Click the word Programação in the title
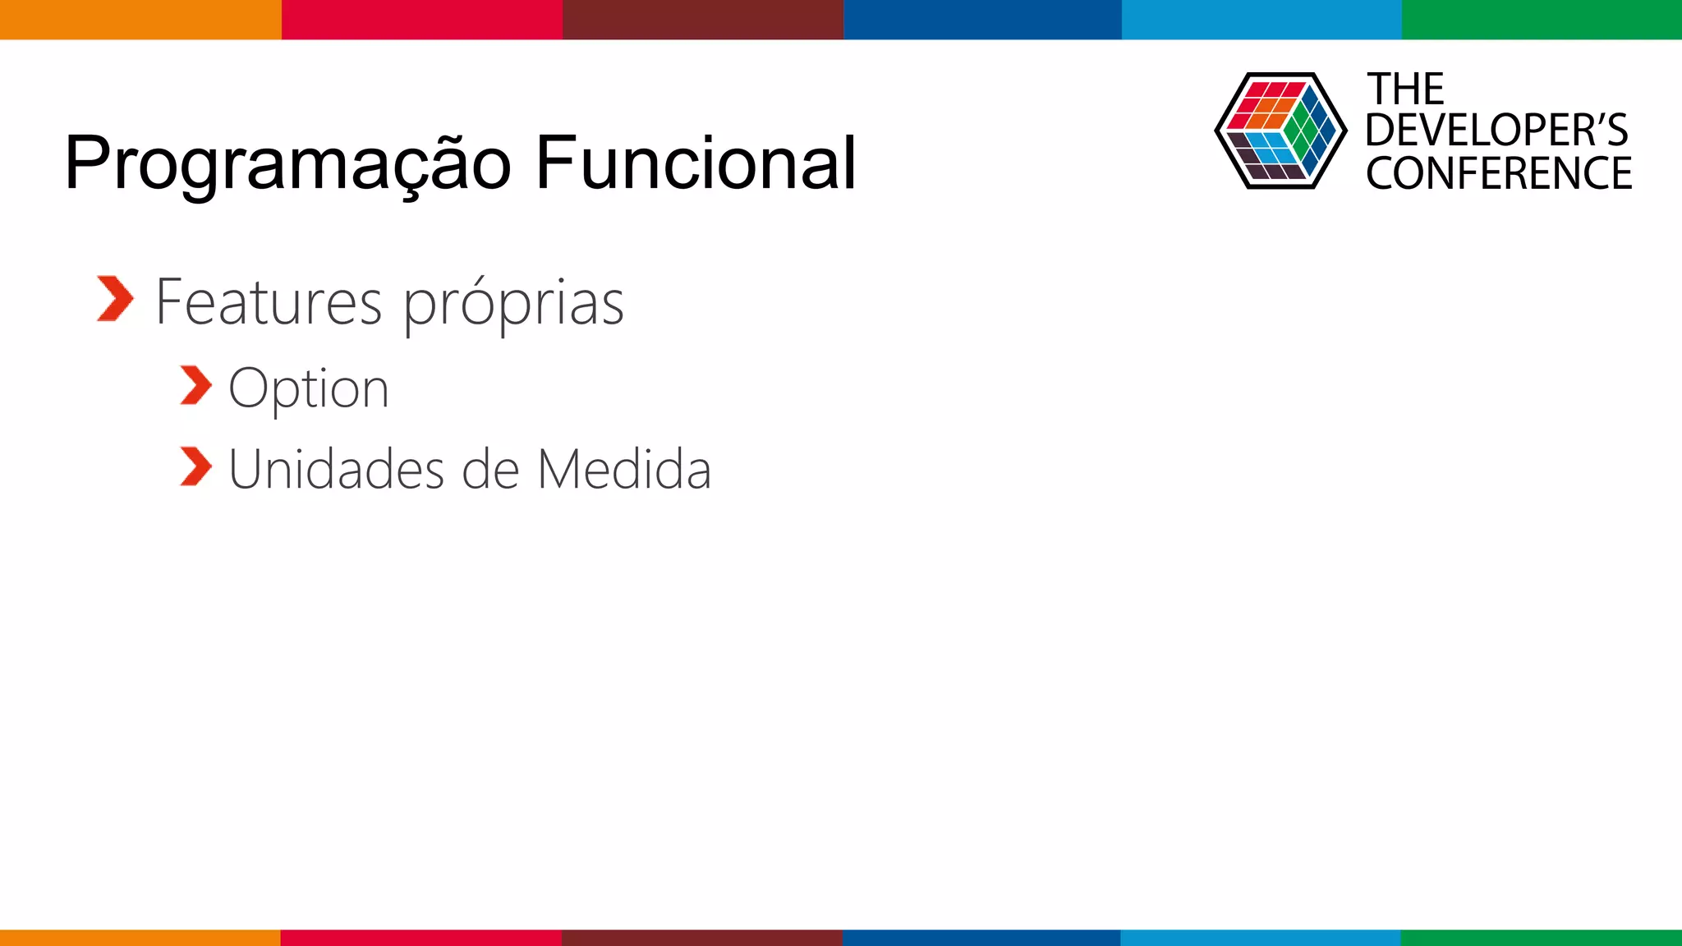point(287,164)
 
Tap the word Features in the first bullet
point(268,302)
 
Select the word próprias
point(513,304)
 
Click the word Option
point(308,388)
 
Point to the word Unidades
point(336,470)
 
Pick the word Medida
point(624,470)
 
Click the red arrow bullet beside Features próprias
point(114,299)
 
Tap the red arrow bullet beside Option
point(195,386)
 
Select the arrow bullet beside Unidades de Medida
point(195,467)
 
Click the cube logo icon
point(1280,131)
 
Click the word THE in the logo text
point(1405,89)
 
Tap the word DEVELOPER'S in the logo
point(1496,131)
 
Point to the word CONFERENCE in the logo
point(1499,173)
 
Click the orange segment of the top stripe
point(140,19)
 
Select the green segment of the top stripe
point(1542,19)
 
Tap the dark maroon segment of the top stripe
point(702,19)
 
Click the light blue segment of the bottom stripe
point(1261,937)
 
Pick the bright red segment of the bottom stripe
point(420,937)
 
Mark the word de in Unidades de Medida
point(490,470)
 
